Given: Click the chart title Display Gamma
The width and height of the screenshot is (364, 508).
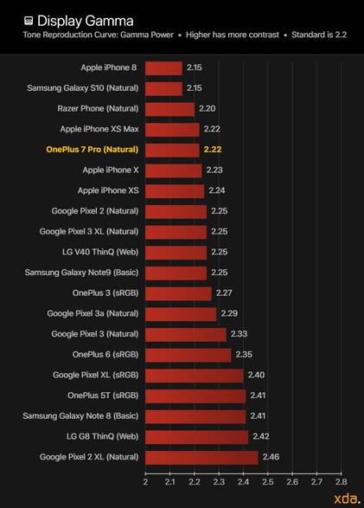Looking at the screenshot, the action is [85, 21].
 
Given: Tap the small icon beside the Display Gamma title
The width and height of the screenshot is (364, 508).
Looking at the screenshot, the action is [29, 21].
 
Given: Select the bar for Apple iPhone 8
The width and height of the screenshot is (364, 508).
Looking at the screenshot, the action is [163, 68].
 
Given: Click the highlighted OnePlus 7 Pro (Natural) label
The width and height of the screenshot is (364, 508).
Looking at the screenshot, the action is [93, 150].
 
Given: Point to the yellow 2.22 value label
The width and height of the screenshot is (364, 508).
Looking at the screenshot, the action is [213, 150].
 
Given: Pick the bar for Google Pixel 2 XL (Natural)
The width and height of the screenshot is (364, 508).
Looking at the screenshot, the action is [201, 458].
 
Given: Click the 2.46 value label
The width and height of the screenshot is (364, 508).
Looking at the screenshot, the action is [271, 457].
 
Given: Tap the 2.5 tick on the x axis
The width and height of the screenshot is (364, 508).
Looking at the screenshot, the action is [267, 482].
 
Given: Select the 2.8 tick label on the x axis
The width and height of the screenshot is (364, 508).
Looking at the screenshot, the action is [341, 482].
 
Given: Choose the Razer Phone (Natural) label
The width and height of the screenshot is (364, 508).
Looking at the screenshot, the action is [98, 108].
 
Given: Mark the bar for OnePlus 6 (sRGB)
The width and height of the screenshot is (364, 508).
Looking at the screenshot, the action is [188, 355].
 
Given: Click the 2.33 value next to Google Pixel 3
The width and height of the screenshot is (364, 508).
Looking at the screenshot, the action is [239, 334].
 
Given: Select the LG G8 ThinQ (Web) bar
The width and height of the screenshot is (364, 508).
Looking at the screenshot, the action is [197, 437].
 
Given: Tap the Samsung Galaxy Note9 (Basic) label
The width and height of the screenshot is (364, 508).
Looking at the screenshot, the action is [81, 273].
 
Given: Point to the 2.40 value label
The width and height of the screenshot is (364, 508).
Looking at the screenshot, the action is [256, 375].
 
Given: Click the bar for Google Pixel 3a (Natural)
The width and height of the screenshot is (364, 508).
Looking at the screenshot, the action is [181, 314].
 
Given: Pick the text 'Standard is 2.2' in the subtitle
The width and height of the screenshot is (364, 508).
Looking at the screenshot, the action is [319, 35].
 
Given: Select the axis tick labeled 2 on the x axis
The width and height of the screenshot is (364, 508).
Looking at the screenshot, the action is [145, 482].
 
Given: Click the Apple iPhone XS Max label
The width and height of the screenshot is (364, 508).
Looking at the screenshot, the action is [99, 129].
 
